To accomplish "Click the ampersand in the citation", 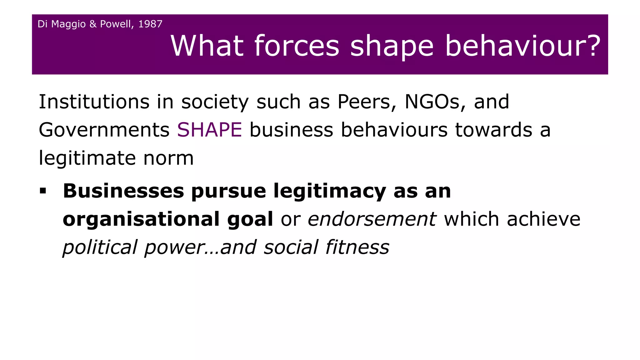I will [x=93, y=24].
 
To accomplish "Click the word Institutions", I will [x=94, y=102].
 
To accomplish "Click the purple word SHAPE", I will [x=209, y=130].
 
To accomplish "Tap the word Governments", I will [x=104, y=130].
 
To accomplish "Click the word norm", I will [x=168, y=158].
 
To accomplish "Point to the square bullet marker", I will [x=43, y=191].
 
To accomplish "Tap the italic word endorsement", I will [x=372, y=219].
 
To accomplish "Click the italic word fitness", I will [x=357, y=247].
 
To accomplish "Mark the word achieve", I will [x=543, y=219].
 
